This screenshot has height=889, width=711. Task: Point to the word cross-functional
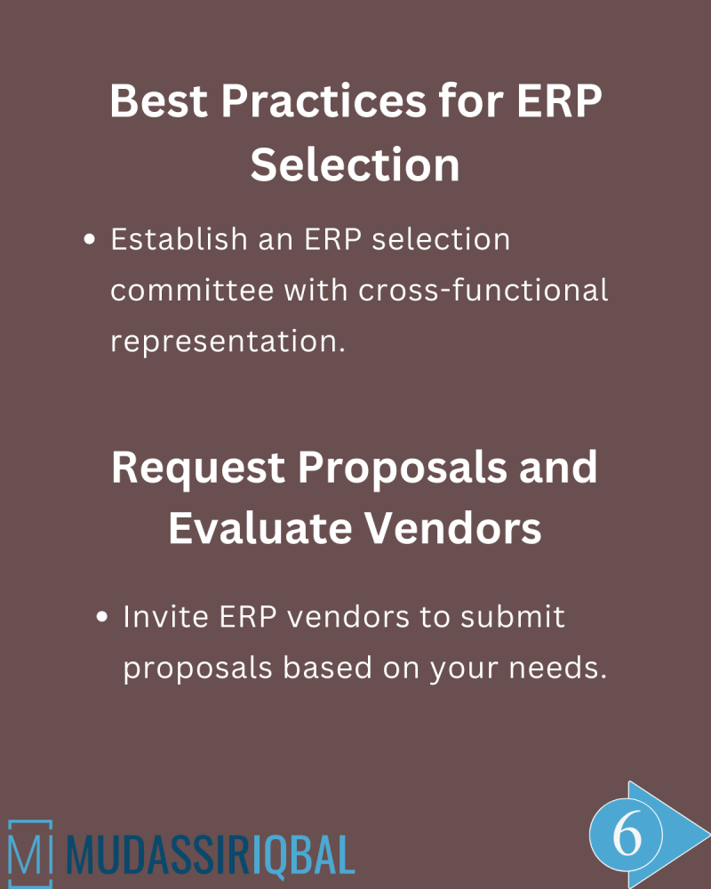467,291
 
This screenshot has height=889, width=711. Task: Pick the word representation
228,342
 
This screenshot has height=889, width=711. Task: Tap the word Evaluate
251,530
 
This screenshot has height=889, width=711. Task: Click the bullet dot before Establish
89,241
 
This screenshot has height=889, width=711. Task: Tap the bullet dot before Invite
102,617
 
